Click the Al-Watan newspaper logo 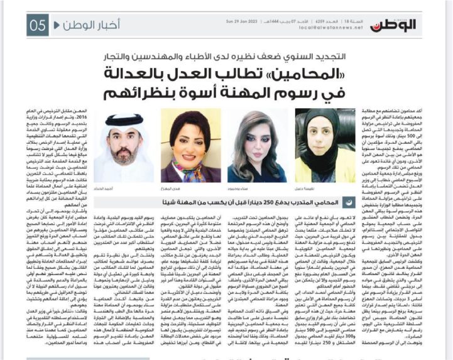[394, 25]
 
